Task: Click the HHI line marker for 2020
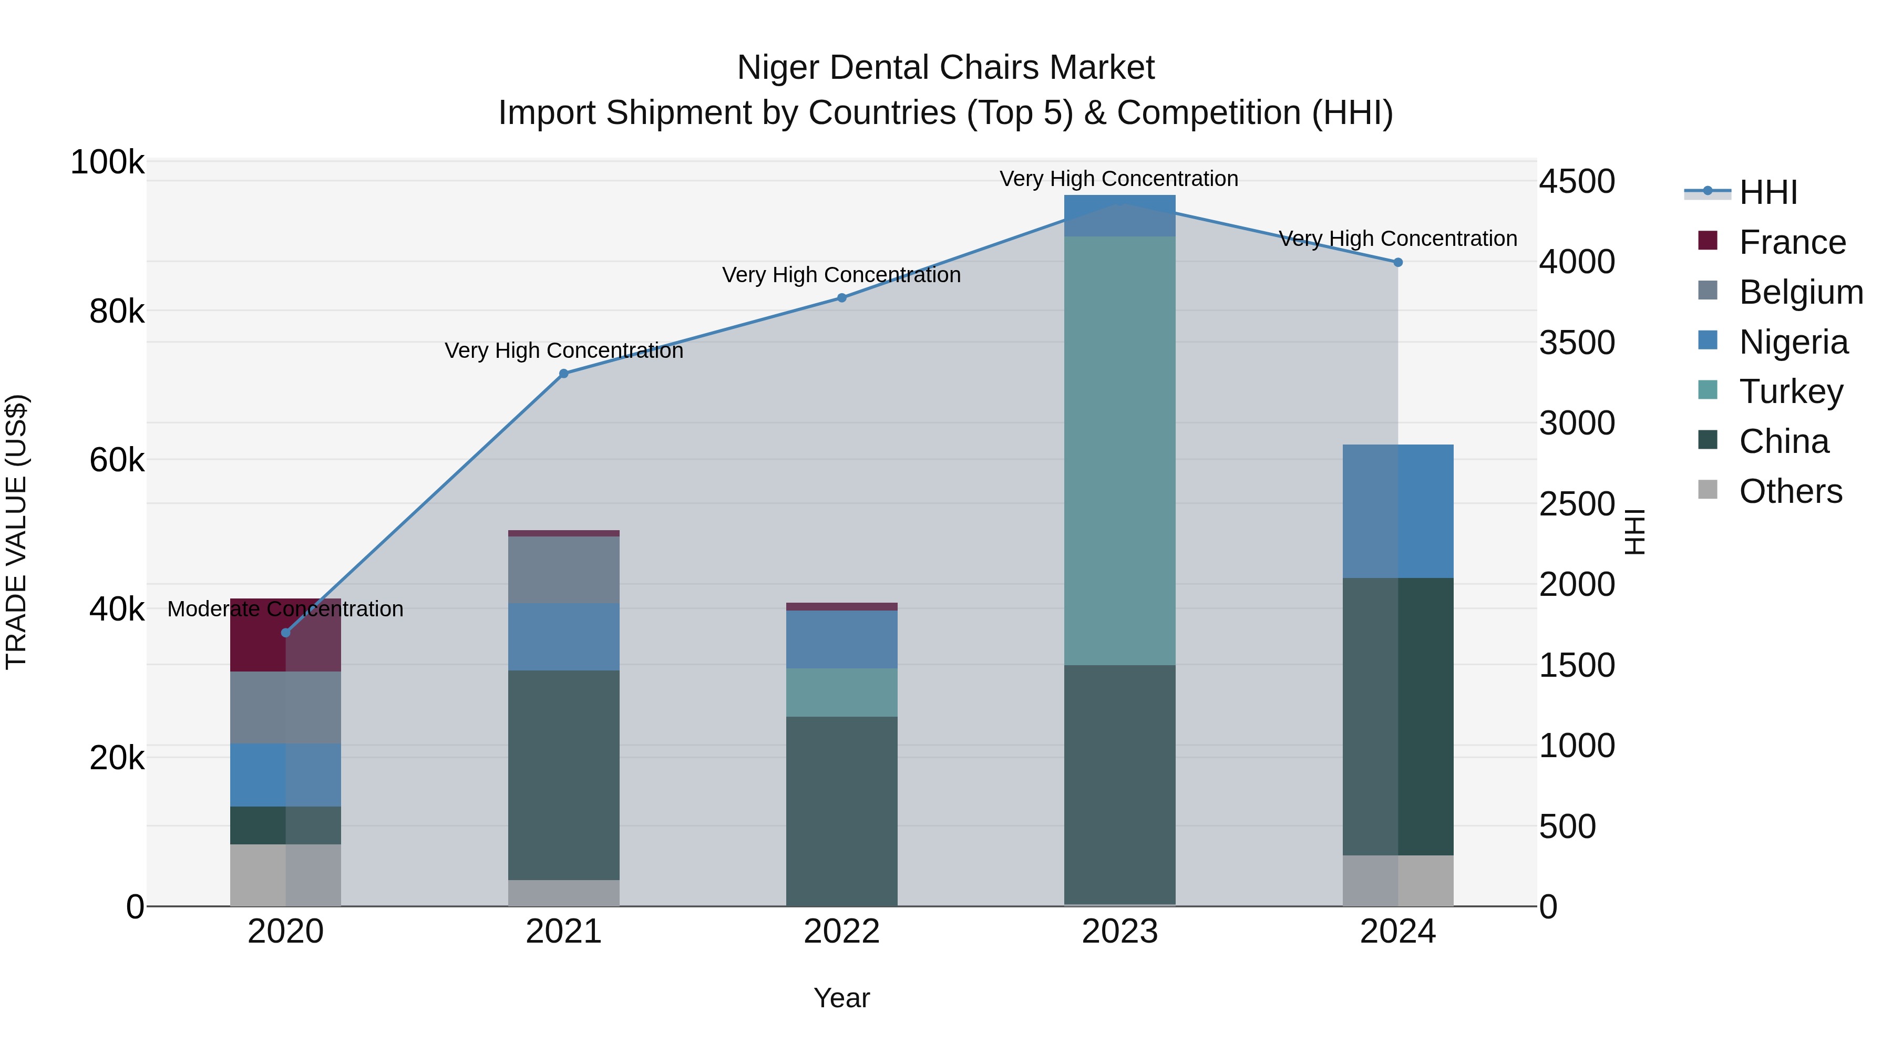point(286,633)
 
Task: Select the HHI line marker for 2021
point(564,374)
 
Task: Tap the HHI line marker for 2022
point(842,298)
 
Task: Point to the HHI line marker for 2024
point(1397,262)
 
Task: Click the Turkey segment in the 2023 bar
point(1119,450)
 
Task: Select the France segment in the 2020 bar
point(286,635)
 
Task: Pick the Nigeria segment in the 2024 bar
point(1397,511)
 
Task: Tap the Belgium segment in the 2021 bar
point(564,570)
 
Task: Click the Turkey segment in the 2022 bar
point(842,693)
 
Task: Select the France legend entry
point(1792,242)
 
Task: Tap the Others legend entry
point(1790,491)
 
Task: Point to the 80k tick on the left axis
point(117,312)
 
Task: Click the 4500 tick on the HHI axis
point(1577,181)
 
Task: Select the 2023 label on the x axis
point(1119,932)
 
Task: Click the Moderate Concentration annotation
point(286,609)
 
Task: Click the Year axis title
point(842,998)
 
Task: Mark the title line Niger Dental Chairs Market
point(945,68)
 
